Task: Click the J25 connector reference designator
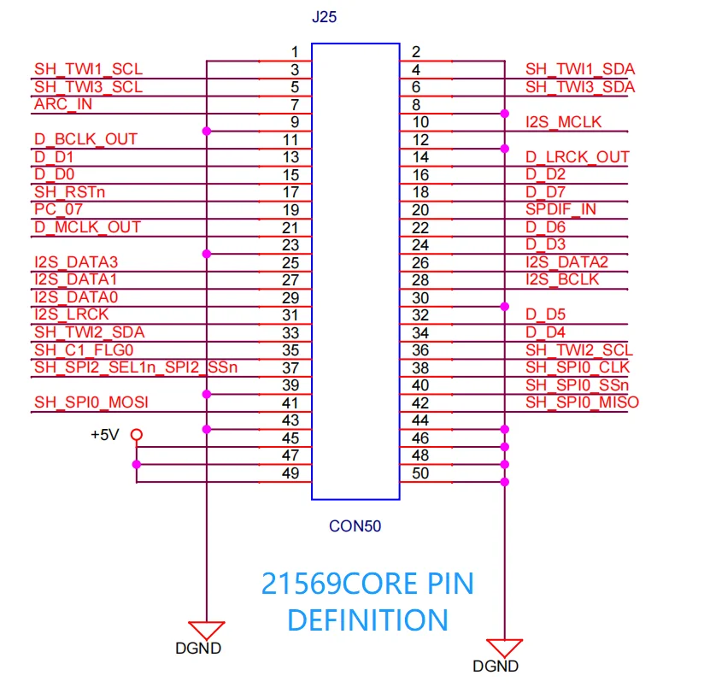coord(326,17)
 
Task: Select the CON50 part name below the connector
coord(355,526)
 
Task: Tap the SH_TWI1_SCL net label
coord(89,69)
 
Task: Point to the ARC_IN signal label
coord(63,104)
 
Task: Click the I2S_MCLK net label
coord(564,122)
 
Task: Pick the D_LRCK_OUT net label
coord(577,157)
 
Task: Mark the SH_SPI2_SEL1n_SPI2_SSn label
coord(136,367)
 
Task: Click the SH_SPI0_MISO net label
coord(582,402)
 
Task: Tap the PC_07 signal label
coord(59,209)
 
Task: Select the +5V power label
coord(104,434)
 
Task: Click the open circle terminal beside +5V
coord(136,435)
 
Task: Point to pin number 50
coord(421,473)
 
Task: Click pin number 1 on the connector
coord(294,52)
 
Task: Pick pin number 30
coord(421,298)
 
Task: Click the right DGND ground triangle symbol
coord(505,647)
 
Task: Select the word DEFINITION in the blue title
coord(367,619)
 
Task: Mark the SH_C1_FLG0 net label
coord(84,350)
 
